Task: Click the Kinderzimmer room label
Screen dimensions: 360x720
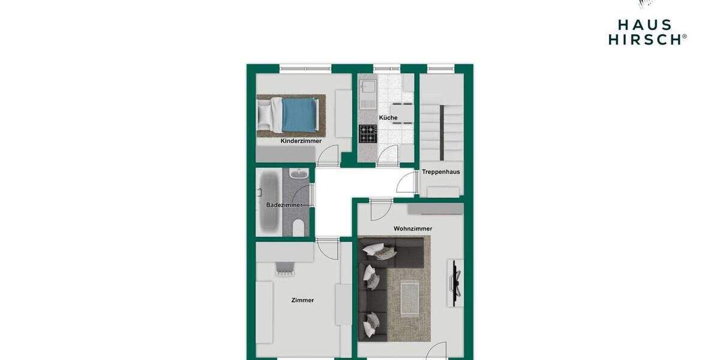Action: [x=301, y=141]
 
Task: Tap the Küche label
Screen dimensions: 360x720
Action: [x=388, y=118]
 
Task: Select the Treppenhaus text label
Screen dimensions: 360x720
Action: [x=441, y=172]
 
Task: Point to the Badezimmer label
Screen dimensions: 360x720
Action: [x=284, y=205]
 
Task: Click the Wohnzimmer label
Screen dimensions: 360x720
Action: [x=413, y=229]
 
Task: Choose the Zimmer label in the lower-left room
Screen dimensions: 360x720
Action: [x=302, y=300]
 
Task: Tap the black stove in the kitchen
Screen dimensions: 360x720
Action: [x=368, y=133]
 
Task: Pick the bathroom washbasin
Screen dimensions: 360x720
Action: [x=298, y=175]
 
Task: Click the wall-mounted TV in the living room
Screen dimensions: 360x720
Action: [x=455, y=280]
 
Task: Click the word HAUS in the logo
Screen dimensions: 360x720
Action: [x=644, y=25]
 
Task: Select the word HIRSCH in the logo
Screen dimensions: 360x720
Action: [x=644, y=39]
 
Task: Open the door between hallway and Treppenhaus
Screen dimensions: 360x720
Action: [x=407, y=182]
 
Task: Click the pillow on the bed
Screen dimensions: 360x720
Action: [x=264, y=112]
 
